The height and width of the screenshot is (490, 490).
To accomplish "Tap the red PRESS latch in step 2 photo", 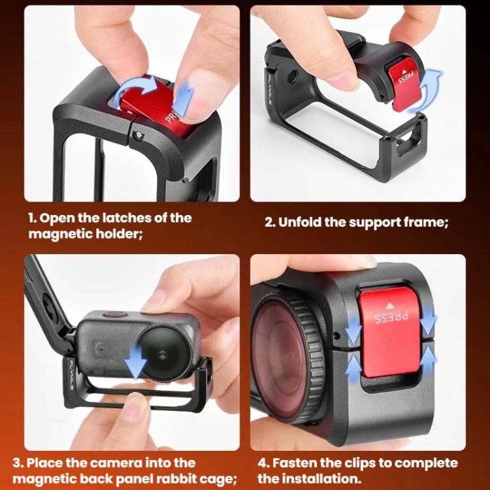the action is tap(405, 84).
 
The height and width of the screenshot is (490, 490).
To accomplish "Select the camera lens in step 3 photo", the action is tap(163, 353).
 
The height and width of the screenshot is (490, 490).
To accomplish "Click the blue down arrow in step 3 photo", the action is tap(135, 363).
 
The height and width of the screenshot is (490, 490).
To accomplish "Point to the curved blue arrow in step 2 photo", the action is tap(430, 91).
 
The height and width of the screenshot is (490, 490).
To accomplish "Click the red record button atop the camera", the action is tap(114, 315).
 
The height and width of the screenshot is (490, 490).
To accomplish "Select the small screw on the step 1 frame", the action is tap(138, 135).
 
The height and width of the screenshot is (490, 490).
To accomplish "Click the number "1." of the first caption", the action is tap(33, 218).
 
